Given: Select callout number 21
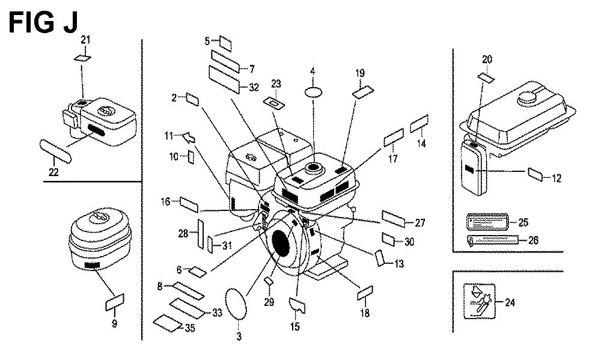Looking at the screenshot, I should [x=85, y=40].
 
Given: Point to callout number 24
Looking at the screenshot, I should [x=510, y=302].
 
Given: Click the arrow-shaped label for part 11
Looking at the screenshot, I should [x=188, y=138].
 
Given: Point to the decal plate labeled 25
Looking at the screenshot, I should [x=487, y=222].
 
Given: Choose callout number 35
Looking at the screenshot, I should [x=190, y=328].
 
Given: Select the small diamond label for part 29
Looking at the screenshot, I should [x=269, y=281].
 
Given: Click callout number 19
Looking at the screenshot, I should [x=360, y=73].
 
